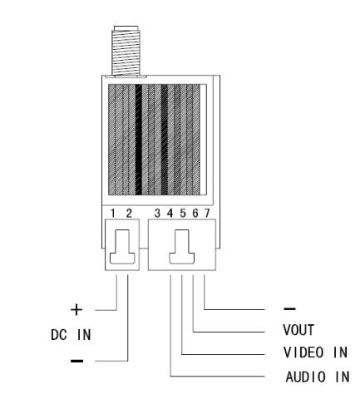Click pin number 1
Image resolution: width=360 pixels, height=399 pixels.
[112, 214]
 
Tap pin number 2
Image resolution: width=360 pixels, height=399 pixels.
[129, 214]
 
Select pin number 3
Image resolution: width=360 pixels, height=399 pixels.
[157, 214]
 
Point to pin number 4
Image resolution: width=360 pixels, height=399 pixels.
[170, 214]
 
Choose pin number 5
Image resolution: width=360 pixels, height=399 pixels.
[183, 214]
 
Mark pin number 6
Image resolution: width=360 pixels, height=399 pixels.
[195, 214]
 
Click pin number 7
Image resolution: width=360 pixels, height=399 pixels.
[207, 214]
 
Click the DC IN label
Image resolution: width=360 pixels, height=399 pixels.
[71, 335]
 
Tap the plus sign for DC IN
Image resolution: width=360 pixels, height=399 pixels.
[76, 310]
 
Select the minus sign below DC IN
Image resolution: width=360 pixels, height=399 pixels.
[76, 361]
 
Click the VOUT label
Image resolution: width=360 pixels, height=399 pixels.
[298, 330]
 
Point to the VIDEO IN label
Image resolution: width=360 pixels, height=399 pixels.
[315, 352]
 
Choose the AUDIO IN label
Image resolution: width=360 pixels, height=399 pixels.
[318, 377]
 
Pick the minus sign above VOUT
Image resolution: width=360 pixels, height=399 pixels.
[290, 308]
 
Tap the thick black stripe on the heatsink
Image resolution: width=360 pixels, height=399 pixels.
[139, 140]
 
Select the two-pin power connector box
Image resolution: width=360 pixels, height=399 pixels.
[122, 244]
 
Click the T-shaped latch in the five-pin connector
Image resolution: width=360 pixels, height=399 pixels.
[182, 247]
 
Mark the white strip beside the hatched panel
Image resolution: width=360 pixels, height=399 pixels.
[203, 140]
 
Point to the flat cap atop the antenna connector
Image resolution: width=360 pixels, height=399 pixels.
[126, 28]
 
